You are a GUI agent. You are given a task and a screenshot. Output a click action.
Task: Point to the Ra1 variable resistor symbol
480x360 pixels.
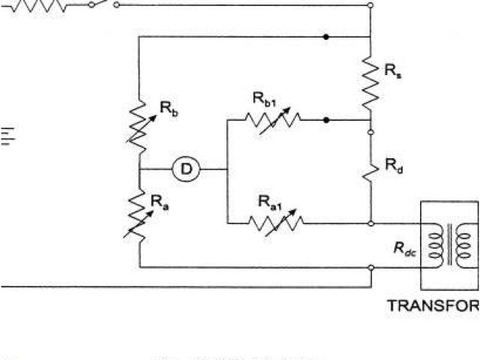pos(275,223)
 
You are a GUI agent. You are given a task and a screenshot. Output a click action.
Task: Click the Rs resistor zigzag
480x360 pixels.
pos(371,83)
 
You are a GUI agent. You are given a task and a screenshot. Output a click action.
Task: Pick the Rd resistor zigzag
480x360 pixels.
pos(371,169)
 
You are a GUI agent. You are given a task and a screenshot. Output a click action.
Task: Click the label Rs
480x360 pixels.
pos(391,71)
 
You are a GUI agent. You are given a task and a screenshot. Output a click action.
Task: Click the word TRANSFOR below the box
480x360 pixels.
pos(433,306)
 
